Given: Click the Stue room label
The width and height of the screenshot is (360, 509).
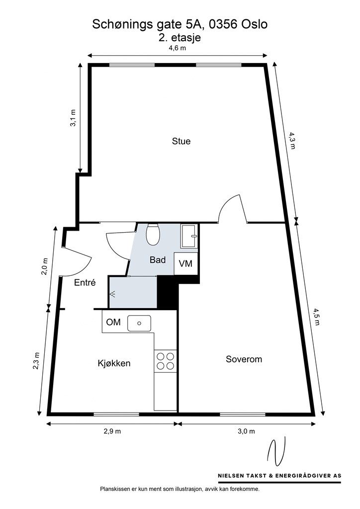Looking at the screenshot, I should coord(181,141).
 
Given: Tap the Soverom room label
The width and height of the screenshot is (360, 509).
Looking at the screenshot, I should coord(243,359).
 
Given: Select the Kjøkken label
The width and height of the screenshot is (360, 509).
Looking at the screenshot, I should coord(114,363).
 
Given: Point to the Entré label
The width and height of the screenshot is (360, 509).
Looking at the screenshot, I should coord(85,282).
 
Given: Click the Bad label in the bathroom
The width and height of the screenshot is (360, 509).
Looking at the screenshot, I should coord(158,260).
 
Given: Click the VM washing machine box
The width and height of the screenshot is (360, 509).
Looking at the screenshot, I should coord(186,263).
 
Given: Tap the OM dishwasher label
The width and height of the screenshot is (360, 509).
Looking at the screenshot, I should coord(113,323).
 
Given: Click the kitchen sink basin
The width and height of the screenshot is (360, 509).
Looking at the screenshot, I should coord(139,324).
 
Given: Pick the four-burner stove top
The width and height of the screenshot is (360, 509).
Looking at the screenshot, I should coord(165,360).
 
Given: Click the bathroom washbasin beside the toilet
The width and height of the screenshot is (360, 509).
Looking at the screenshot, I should coord(189,236).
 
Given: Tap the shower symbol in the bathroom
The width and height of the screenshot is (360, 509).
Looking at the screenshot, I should coord(113,294).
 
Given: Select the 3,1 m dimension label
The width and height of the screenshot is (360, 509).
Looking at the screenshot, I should coord(73,119).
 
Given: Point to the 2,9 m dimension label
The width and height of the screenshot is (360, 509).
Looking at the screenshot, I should coord(111,431).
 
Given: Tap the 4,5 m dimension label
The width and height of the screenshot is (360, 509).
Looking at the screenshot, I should coord(317,316).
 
